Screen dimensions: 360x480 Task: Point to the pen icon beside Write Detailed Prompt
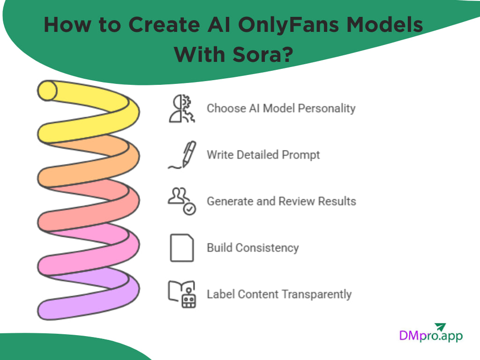183,155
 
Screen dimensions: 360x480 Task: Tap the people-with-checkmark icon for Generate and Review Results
182,201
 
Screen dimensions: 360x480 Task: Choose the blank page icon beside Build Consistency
182,247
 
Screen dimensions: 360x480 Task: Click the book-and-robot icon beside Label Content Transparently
182,294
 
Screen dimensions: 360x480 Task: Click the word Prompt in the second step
300,155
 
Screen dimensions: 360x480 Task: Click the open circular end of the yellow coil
47,90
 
